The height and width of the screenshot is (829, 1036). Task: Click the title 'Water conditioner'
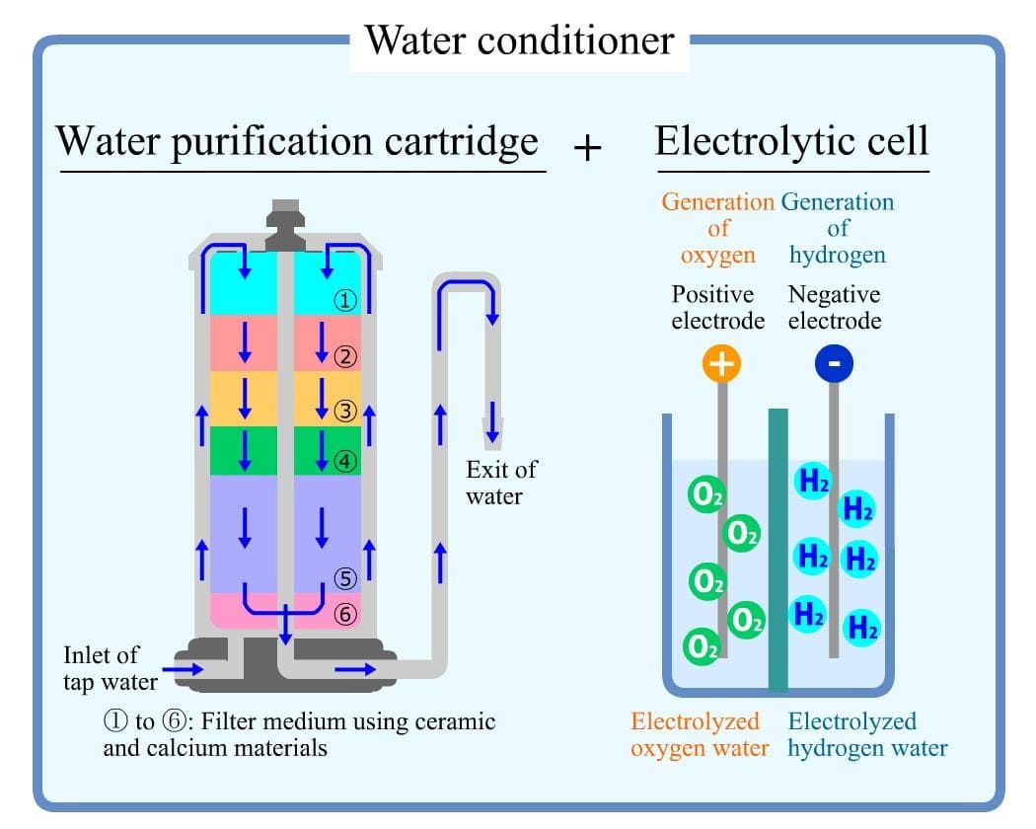519,40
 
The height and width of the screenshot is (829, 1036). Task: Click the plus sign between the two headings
587,148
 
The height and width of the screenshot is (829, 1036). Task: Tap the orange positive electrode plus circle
721,364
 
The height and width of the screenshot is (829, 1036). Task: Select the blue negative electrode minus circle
834,364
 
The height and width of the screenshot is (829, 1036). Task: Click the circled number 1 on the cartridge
345,301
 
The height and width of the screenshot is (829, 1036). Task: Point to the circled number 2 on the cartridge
344,357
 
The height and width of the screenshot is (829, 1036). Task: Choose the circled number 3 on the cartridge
344,412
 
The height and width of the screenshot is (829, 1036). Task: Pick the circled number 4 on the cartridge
344,460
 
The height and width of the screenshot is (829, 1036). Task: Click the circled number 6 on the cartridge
344,614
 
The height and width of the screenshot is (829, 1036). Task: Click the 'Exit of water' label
501,482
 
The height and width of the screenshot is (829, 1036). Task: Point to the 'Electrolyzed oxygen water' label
700,734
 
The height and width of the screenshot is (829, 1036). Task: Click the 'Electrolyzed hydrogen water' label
867,734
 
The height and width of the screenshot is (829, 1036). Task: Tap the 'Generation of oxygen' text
717,228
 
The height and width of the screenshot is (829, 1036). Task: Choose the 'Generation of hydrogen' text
838,228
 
